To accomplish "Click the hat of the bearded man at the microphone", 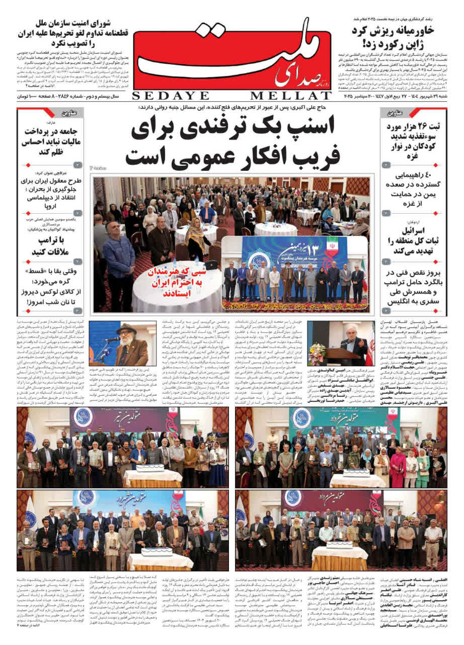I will pyautogui.click(x=126, y=329).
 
